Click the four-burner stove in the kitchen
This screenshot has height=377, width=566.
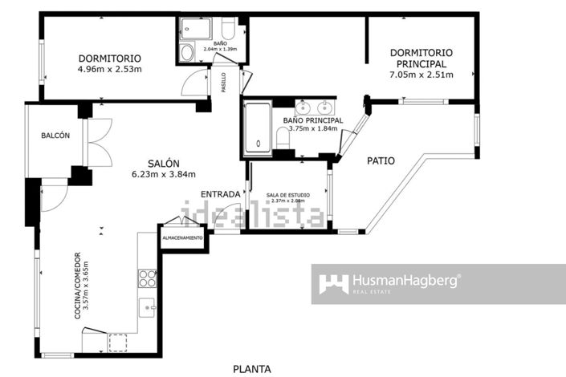[x=148, y=278]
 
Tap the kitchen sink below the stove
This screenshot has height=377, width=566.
[x=148, y=305]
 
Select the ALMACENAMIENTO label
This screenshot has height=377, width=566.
[x=183, y=238]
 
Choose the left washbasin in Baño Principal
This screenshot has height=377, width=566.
[x=305, y=107]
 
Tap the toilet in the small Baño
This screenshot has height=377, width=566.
[x=187, y=53]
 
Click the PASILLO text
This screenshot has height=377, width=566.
[x=223, y=83]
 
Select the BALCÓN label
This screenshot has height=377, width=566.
[x=55, y=136]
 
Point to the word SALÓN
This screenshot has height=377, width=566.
[x=163, y=161]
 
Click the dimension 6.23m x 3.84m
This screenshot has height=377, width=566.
[x=164, y=174]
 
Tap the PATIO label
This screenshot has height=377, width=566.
[x=381, y=160]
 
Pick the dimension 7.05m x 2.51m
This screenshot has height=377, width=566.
[x=421, y=75]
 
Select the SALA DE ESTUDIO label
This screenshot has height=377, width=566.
[x=286, y=195]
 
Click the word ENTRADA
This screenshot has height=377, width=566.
[x=219, y=193]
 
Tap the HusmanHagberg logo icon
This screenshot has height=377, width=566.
[x=334, y=284]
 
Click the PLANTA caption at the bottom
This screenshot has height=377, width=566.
[x=252, y=369]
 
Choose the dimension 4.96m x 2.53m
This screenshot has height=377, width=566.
[x=109, y=70]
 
